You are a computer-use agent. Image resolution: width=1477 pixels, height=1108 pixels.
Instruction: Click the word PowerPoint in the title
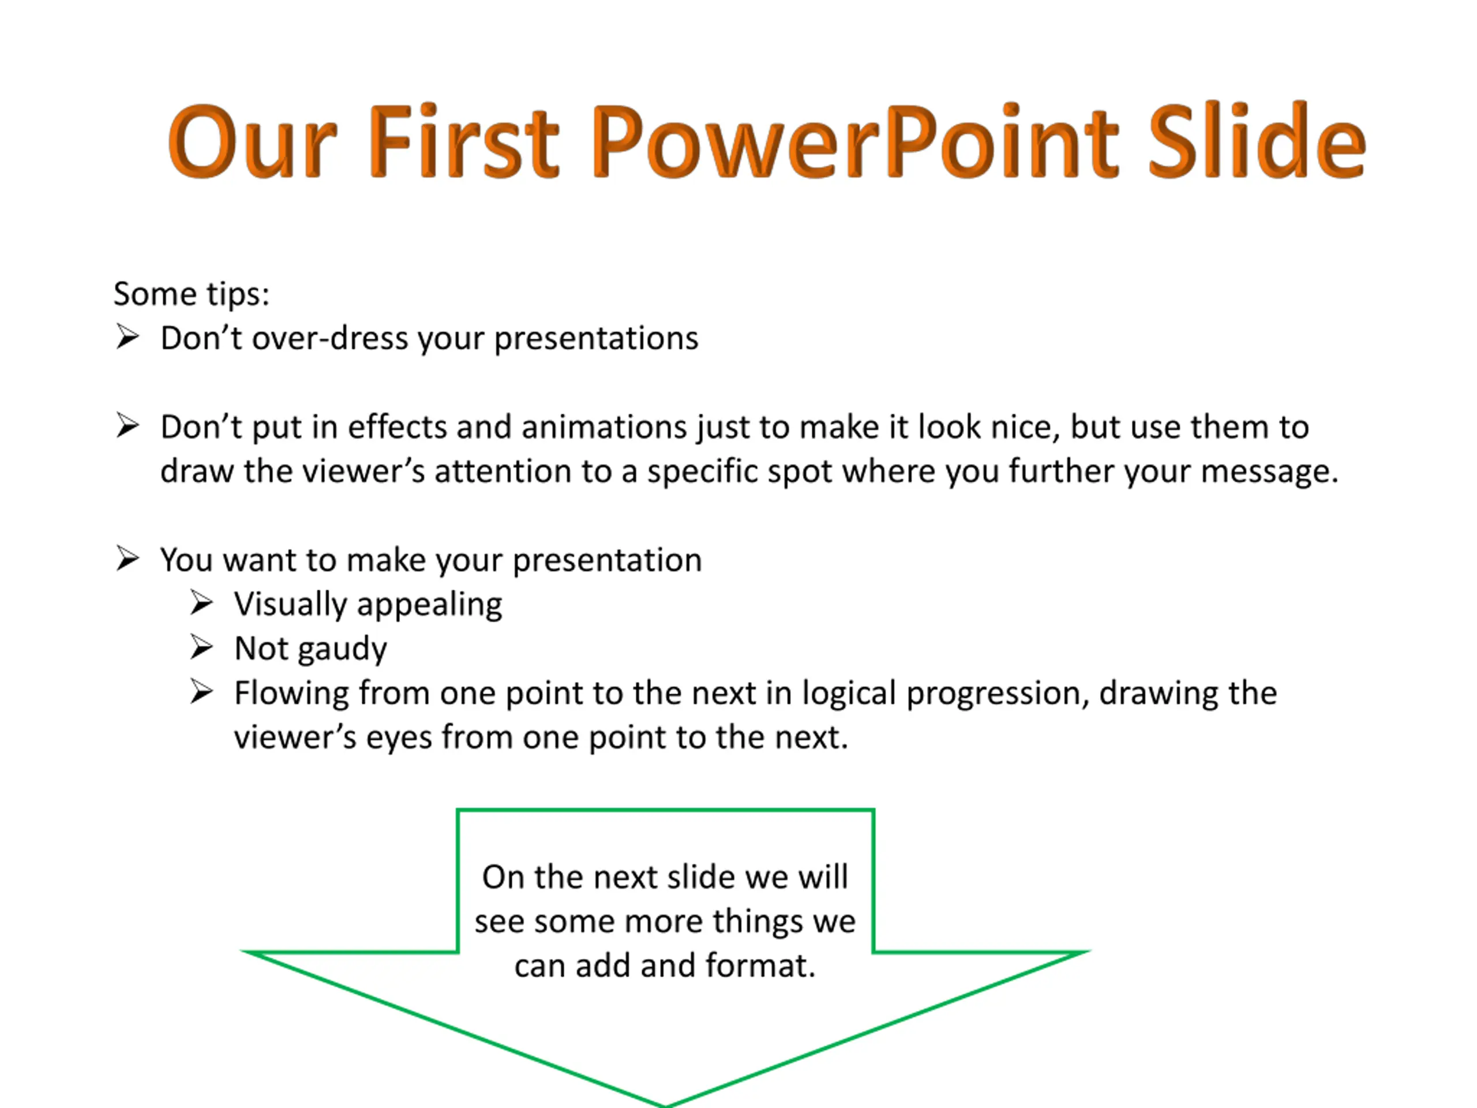[856, 141]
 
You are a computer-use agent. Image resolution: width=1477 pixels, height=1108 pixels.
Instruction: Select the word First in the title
[463, 141]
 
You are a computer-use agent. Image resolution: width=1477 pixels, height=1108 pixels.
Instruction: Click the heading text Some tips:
[192, 294]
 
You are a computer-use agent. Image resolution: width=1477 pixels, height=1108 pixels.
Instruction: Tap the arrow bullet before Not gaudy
[201, 646]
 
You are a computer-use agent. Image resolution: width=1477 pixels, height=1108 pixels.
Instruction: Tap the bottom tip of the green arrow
[665, 1105]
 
